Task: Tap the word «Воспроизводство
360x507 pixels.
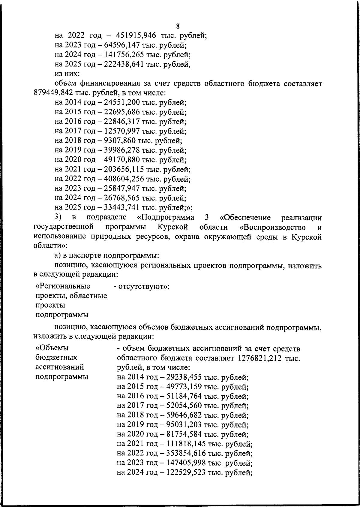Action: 273,227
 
